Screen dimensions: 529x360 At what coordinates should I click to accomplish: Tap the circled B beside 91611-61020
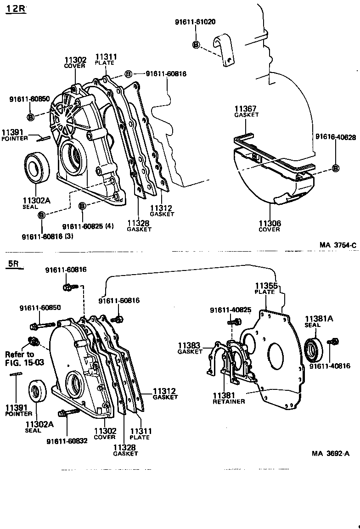196,45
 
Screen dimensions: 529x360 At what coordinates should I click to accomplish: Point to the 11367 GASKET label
246,112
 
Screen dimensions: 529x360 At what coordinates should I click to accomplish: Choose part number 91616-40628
336,137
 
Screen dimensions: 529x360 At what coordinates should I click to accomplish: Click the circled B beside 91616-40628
336,169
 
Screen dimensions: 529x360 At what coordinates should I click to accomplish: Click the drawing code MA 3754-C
338,245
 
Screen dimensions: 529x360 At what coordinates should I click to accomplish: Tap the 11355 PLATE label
266,288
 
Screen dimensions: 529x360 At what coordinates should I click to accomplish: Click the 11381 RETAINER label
228,398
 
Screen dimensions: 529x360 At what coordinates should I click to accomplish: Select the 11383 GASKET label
190,348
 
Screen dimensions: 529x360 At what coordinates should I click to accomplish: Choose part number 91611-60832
67,441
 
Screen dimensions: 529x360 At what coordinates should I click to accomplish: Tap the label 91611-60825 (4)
88,226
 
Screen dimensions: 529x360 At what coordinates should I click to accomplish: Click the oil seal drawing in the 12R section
34,167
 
